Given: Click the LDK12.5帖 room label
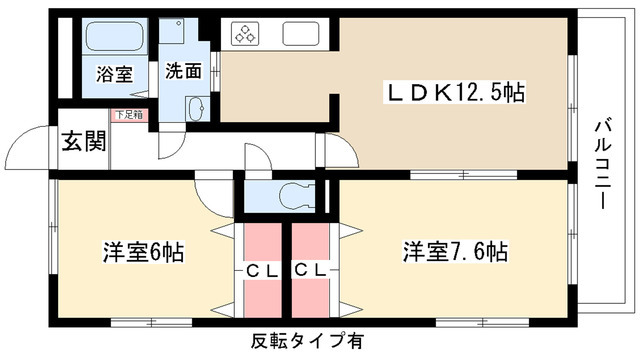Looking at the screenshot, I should point(456,93).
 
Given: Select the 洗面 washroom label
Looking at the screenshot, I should point(184,71).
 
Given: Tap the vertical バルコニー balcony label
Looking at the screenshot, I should point(603,166).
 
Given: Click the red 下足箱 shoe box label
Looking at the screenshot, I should point(128,115).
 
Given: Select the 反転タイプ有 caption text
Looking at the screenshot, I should point(307,341).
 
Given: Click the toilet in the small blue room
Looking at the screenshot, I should point(293,193).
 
